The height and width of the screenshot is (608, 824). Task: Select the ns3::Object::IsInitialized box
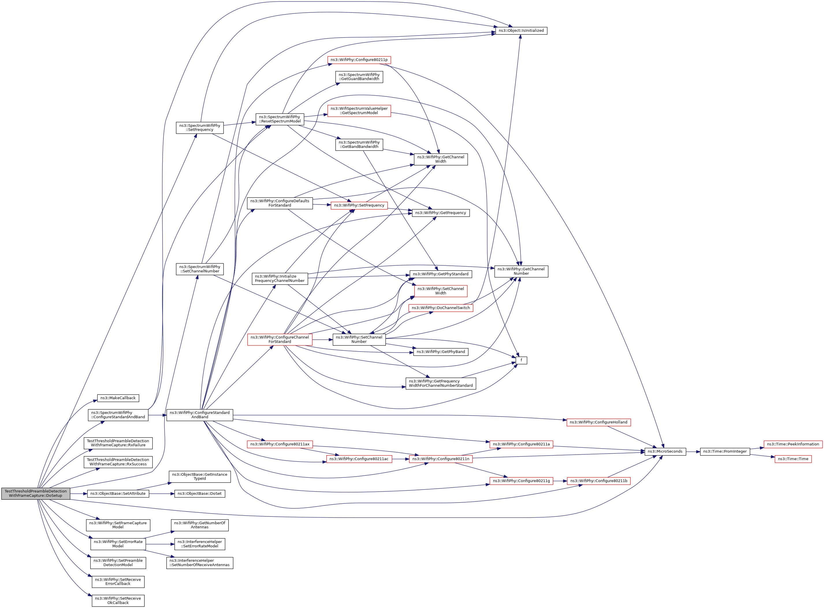point(521,31)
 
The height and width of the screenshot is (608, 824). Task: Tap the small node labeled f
point(521,360)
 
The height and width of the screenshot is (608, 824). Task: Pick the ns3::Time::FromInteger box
point(724,451)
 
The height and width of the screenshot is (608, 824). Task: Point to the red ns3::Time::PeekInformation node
point(793,444)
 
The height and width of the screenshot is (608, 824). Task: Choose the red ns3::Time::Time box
point(793,459)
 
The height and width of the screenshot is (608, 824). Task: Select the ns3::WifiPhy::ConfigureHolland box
point(598,422)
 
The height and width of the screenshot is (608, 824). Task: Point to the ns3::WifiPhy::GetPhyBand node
point(440,352)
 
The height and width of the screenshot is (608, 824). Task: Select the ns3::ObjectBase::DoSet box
point(200,494)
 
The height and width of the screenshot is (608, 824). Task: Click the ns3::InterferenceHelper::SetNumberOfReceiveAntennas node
point(200,563)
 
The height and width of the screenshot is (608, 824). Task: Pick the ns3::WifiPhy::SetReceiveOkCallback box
point(118,601)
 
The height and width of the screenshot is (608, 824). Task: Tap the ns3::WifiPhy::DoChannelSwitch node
point(440,308)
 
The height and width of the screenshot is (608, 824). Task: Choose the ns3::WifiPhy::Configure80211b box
point(598,481)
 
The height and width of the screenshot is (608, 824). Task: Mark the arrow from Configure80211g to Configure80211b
point(560,481)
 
